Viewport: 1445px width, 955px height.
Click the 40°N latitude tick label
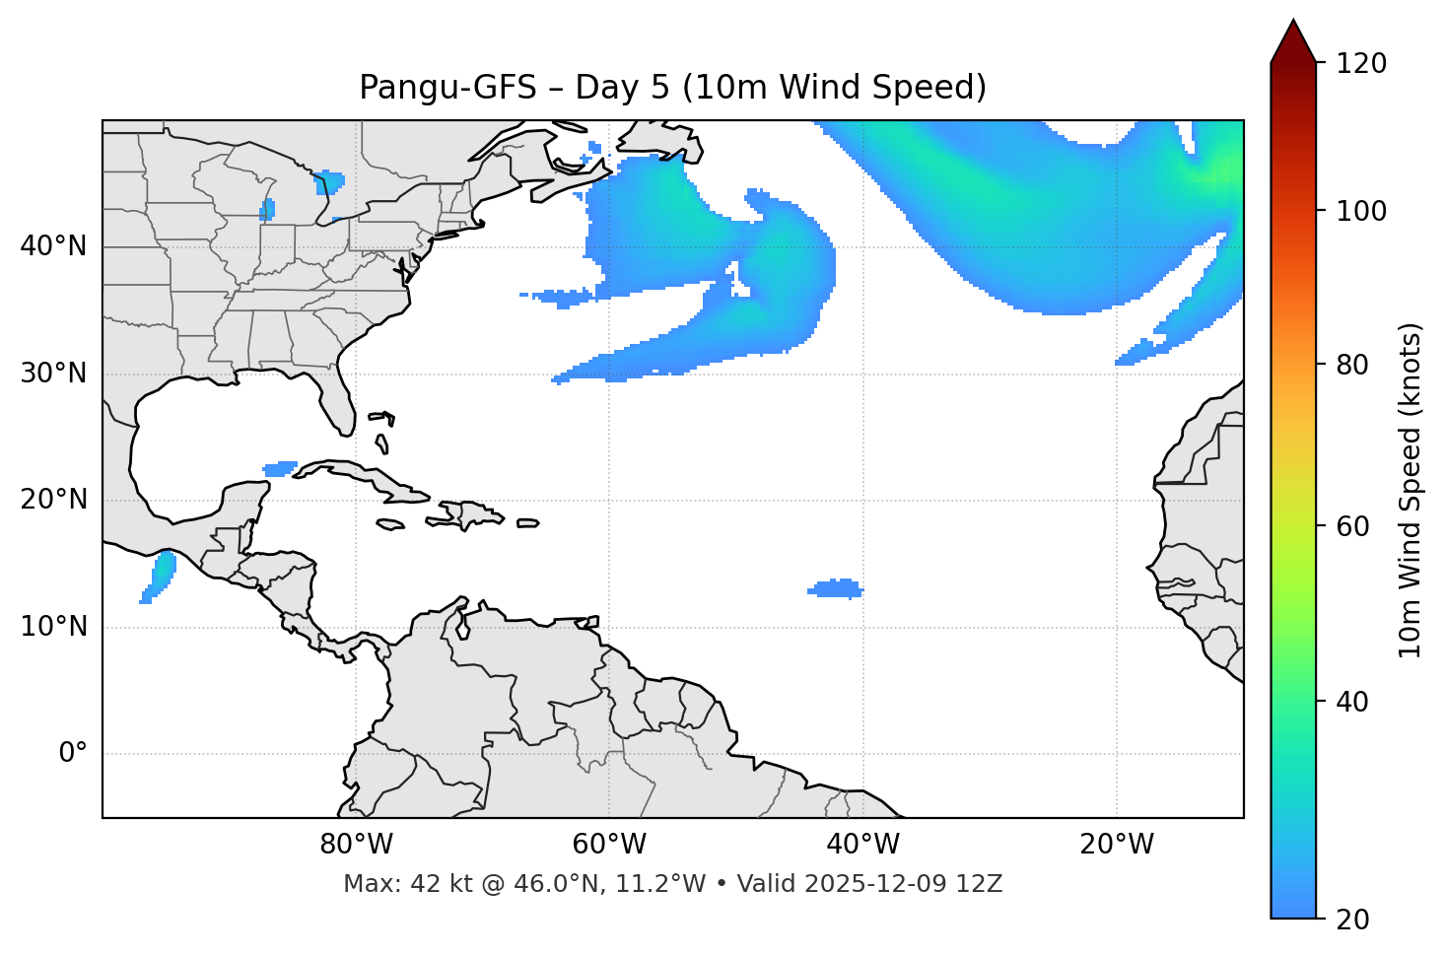point(53,246)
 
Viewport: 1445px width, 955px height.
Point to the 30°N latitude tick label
point(53,374)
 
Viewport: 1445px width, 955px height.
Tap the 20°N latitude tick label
point(53,500)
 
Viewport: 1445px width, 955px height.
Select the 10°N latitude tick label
point(53,627)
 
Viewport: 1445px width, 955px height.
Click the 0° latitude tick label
point(73,754)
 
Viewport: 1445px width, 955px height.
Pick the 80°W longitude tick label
point(356,845)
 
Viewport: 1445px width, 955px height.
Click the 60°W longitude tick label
point(609,845)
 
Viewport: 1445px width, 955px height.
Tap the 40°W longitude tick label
point(862,845)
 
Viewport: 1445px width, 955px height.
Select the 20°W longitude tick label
point(1117,845)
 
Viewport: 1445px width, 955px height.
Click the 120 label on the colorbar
point(1361,64)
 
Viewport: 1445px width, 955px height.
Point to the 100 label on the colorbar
point(1361,211)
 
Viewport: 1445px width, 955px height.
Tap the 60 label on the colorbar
point(1353,526)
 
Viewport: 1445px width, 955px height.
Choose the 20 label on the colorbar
point(1353,920)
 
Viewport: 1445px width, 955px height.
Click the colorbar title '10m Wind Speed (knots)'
point(1411,490)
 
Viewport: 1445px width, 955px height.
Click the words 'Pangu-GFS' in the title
point(447,88)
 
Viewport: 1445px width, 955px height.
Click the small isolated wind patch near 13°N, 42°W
point(836,589)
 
